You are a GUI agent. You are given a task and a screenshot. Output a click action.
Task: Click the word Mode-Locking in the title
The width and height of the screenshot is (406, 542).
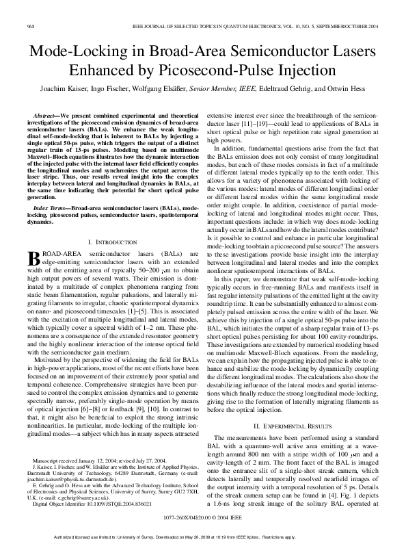[x=76, y=51]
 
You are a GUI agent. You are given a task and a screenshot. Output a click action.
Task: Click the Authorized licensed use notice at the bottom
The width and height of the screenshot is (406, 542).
[x=202, y=536]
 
